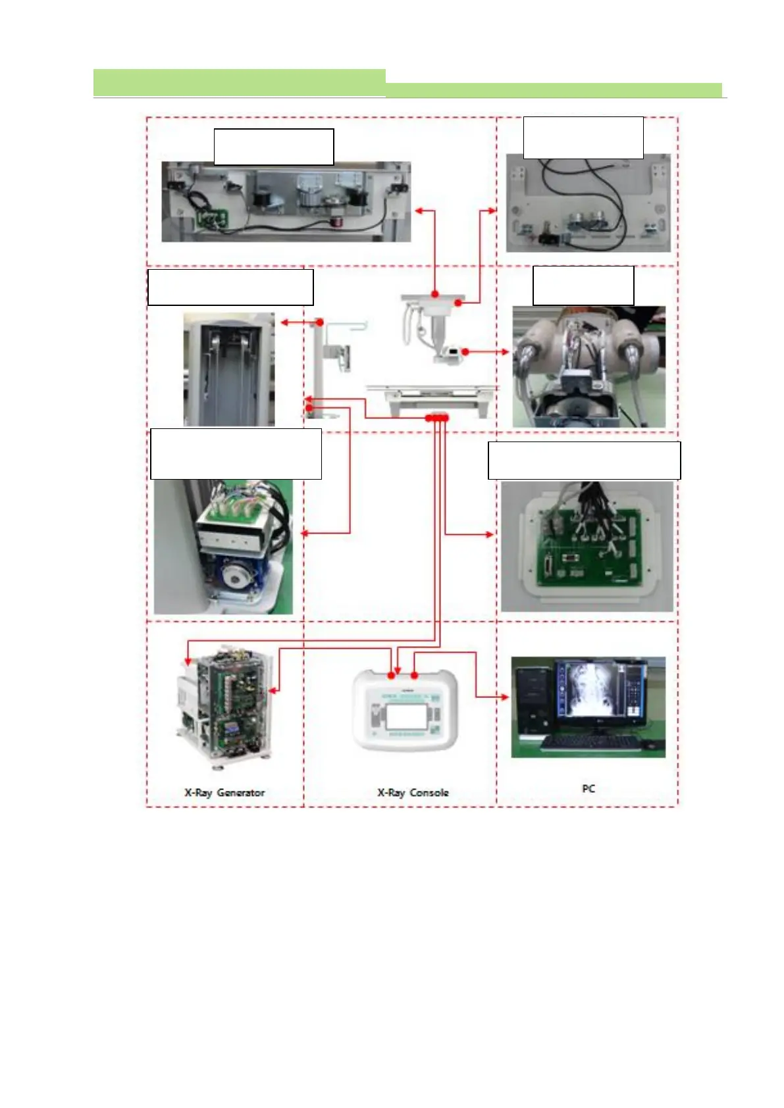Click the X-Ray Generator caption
tap(224, 793)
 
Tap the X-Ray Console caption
tap(413, 793)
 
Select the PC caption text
tap(588, 788)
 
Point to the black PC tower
tap(533, 701)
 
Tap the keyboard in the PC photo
tap(590, 743)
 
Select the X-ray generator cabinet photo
tap(224, 707)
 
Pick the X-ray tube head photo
tap(588, 366)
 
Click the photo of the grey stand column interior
tap(228, 370)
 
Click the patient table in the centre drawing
tap(431, 399)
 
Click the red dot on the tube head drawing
tap(465, 352)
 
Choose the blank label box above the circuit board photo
tap(584, 461)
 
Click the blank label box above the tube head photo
tap(583, 286)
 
